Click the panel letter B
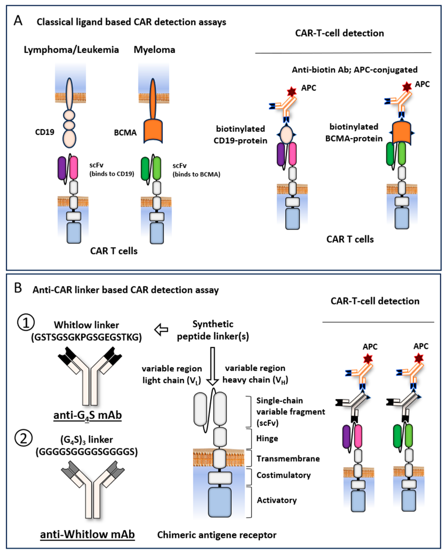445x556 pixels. [x=18, y=288]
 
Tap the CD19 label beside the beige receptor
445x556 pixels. [x=45, y=132]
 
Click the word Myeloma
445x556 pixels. [x=154, y=50]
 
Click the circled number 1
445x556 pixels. [x=26, y=323]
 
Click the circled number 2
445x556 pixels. [x=23, y=438]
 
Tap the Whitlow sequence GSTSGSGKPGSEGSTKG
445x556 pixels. [x=86, y=337]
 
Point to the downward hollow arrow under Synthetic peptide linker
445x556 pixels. [x=213, y=366]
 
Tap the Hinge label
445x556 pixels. [x=267, y=438]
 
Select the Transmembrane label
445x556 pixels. [x=288, y=459]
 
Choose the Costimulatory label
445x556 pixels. [x=284, y=475]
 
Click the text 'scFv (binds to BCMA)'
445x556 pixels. [x=196, y=170]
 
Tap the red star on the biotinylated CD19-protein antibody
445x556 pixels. [x=292, y=92]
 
